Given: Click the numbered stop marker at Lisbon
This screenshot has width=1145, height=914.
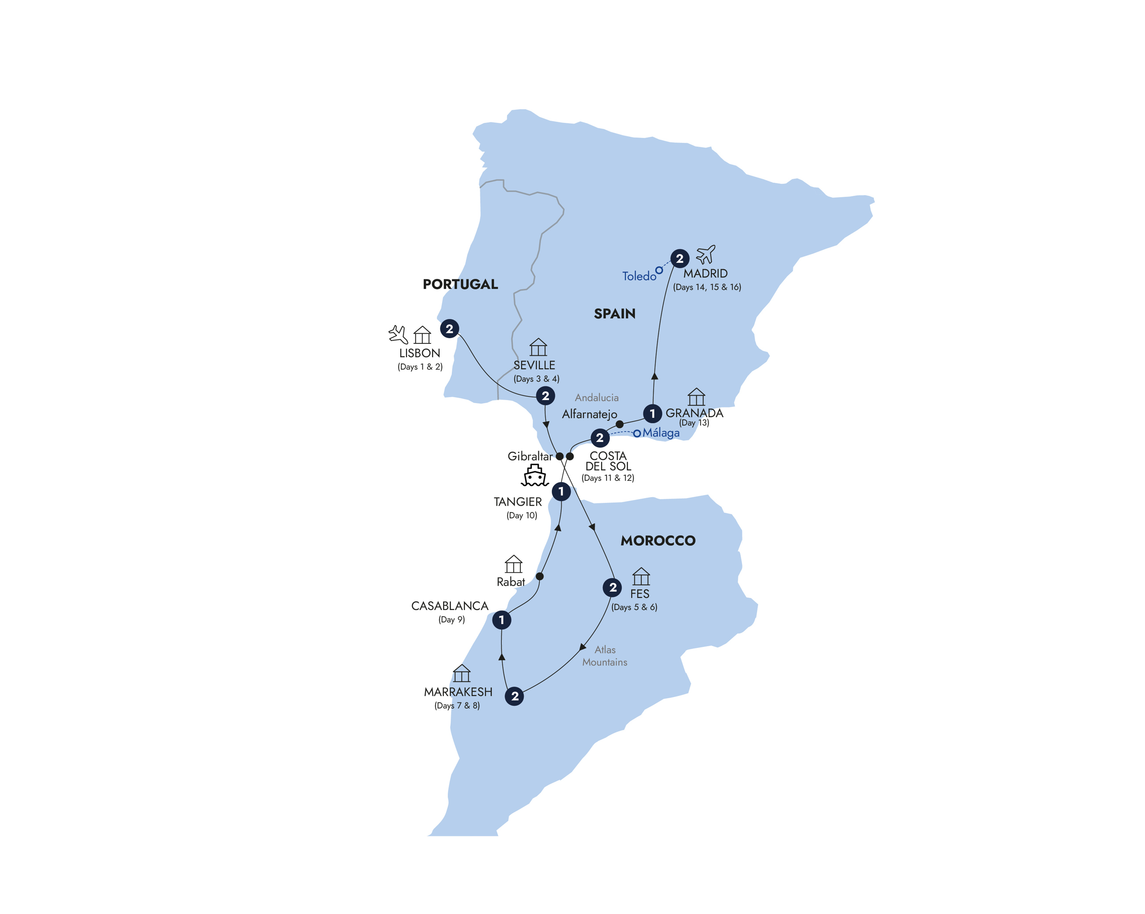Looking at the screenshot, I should point(449,329).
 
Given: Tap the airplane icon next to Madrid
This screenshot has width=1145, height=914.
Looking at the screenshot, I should point(706,255).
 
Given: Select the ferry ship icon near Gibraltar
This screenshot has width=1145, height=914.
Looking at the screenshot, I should point(534,476).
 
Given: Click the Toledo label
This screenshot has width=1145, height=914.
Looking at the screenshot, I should point(639,276).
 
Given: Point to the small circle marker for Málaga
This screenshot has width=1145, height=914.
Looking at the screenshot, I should point(637,434).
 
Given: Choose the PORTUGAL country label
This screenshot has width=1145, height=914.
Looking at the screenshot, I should point(460,284).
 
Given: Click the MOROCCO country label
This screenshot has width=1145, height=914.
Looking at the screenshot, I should point(658,541).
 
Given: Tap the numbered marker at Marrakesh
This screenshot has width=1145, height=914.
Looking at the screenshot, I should point(515,696).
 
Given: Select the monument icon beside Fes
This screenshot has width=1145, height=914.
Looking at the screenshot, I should point(641,577).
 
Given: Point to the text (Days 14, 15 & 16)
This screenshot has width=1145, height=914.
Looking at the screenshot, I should point(707,287).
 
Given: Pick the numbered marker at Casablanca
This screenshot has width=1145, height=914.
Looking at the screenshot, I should point(501,620).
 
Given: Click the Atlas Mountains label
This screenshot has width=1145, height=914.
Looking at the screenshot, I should point(605,656).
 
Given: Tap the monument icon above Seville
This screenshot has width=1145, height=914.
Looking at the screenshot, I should point(538,347).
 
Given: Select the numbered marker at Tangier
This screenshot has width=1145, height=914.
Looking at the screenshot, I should point(561,491).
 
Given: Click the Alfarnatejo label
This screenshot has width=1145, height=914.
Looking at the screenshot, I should point(589,415).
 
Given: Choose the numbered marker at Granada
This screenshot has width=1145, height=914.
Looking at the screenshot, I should point(652,413).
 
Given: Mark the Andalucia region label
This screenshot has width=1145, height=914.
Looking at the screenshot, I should point(596,397).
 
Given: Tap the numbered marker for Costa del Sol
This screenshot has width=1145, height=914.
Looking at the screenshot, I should point(599,438).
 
